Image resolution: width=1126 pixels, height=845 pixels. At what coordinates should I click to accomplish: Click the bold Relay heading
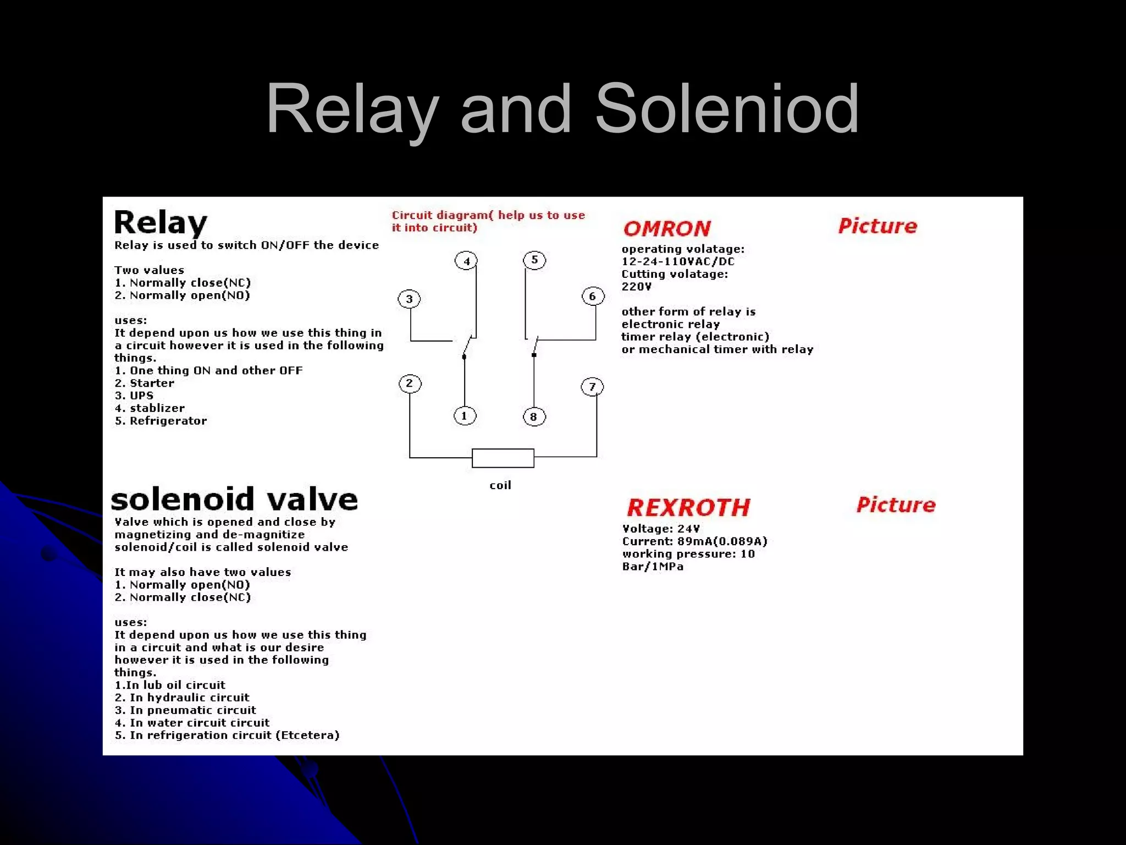pos(161,223)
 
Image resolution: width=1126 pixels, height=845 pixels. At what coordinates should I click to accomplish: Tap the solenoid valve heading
pos(235,500)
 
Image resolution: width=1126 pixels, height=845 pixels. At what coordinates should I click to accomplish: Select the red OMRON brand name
pos(667,229)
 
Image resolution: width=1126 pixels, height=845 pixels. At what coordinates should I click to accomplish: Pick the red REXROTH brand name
pos(688,508)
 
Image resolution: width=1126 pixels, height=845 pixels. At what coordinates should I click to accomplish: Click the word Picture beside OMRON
pos(877,226)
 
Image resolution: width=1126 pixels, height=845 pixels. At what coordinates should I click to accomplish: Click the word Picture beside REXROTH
pos(896,505)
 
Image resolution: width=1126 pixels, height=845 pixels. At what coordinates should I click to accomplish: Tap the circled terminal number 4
pos(466,261)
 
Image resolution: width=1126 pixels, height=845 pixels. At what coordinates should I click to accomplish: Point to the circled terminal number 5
pos(534,260)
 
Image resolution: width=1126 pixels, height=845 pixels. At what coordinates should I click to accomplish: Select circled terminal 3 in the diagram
pos(409,299)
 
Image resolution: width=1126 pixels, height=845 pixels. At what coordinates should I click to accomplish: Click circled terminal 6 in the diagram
pos(593,297)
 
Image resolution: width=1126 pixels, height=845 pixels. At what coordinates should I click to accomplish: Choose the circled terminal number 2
pos(410,383)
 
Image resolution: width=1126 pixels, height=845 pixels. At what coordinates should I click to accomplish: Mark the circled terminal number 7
pos(592,387)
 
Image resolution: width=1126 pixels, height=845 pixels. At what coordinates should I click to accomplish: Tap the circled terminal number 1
pos(465,416)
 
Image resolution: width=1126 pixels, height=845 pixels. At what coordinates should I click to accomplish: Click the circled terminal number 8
pos(534,417)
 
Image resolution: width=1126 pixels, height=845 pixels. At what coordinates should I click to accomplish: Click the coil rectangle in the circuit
pos(503,458)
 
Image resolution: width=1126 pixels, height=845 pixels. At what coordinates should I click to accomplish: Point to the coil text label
pos(500,485)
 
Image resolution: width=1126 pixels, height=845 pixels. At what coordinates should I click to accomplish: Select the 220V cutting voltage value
pos(636,287)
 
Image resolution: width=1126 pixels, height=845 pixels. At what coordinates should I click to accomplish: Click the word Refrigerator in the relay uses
pos(168,421)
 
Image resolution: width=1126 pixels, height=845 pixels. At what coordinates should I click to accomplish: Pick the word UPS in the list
pos(142,396)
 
